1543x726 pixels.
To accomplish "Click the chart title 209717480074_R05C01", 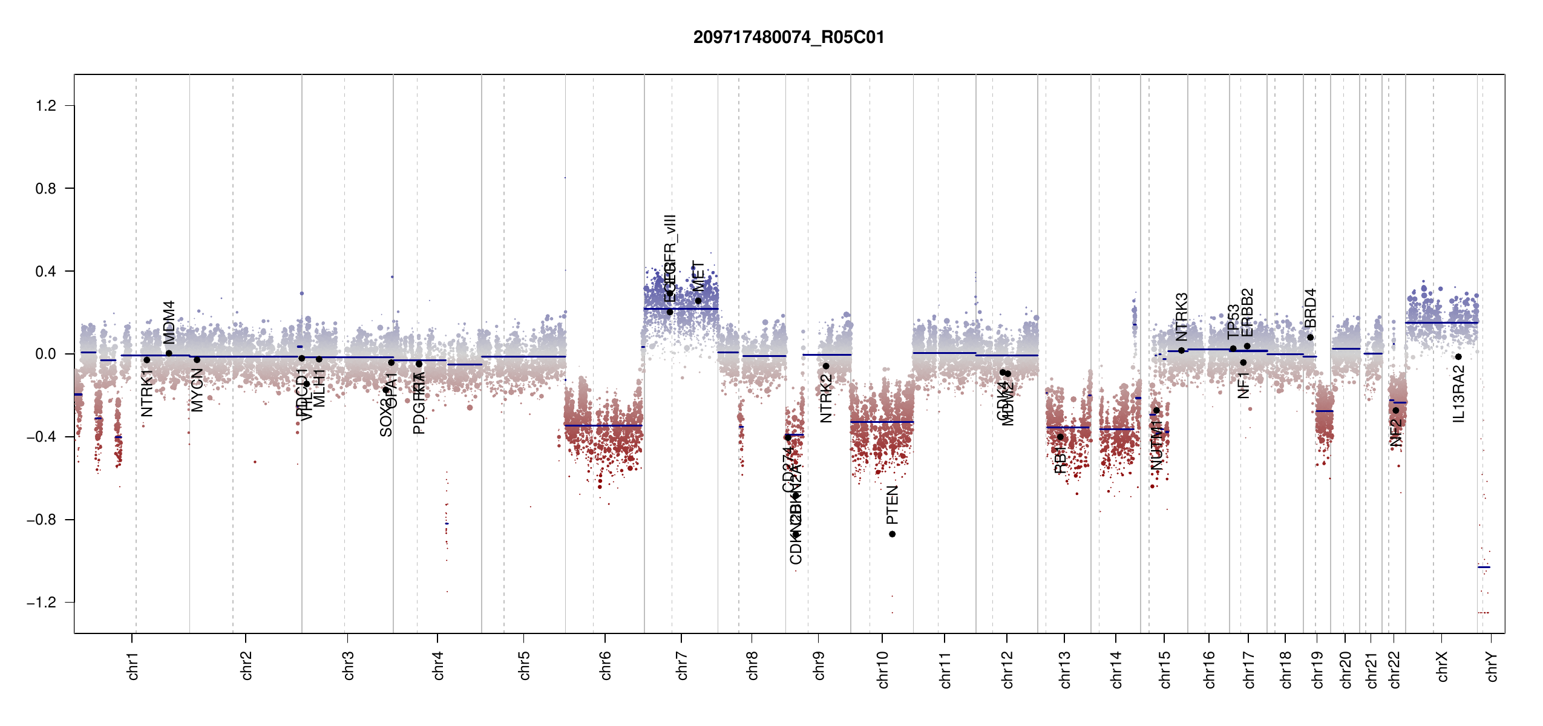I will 788,38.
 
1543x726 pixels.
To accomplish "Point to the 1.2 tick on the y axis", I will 46,106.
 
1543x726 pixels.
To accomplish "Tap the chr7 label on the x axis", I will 682,665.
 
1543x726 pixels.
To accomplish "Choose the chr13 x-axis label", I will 1064,669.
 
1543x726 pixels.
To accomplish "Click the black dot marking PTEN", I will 892,534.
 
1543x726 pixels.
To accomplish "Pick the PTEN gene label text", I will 892,505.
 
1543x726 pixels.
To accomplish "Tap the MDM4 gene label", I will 169,322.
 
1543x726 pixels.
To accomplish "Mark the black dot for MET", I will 698,301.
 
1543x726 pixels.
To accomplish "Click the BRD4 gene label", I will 1310,309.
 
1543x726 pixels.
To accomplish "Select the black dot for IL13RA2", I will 1458,357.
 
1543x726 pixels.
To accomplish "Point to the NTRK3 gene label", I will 1181,317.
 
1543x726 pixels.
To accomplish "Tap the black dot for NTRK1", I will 146,360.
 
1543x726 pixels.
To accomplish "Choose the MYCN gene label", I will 197,390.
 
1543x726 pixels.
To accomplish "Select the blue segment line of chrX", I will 1441,322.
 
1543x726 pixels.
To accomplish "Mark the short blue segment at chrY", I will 1484,567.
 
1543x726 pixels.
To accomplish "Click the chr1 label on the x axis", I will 133,665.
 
